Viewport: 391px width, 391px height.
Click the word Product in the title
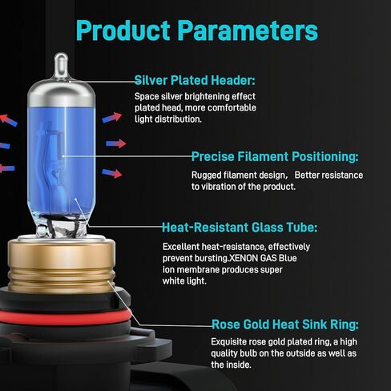pos(123,30)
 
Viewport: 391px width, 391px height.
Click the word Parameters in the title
pos(248,30)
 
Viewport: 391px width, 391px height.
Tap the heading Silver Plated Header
pos(195,80)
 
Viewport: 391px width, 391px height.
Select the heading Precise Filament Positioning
pos(275,156)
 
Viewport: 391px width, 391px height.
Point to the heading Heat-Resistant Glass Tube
pos(240,228)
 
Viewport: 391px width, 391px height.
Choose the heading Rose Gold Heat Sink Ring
pos(285,324)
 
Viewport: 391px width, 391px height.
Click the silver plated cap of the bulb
pos(61,94)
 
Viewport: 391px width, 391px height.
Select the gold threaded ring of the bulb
pos(62,266)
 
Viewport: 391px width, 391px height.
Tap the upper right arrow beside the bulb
pos(112,118)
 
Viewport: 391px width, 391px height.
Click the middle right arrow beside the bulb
pos(116,143)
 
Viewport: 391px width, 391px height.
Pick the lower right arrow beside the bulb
pos(112,173)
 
